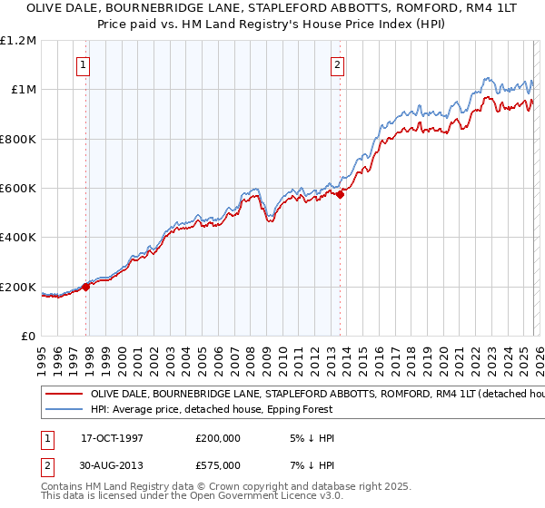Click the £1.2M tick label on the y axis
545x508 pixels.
pyautogui.click(x=18, y=40)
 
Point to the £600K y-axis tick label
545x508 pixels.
pyautogui.click(x=18, y=189)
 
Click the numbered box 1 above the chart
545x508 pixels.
pyautogui.click(x=84, y=64)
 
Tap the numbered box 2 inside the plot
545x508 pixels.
pyautogui.click(x=337, y=64)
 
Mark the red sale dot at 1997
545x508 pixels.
pyautogui.click(x=86, y=287)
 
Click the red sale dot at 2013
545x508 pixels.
pyautogui.click(x=340, y=194)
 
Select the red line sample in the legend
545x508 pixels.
pyautogui.click(x=64, y=395)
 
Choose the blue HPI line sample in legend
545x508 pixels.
pyautogui.click(x=64, y=409)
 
